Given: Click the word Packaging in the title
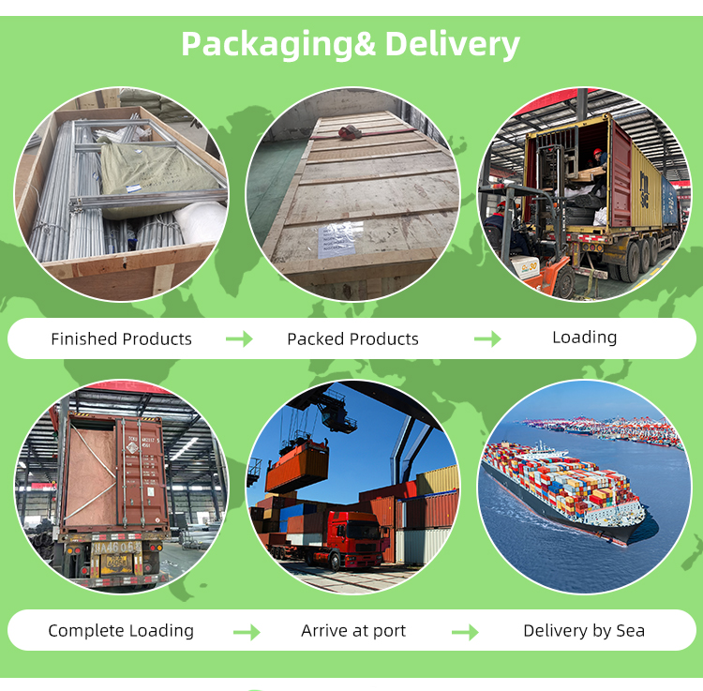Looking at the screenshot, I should click(266, 43).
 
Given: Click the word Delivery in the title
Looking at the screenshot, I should click(452, 43).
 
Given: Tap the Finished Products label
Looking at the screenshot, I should click(121, 339).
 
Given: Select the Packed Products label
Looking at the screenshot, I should click(352, 339).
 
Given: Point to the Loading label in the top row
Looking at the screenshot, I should click(584, 338).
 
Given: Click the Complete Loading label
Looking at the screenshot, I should click(121, 631).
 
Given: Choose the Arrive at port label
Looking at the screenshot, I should click(353, 631).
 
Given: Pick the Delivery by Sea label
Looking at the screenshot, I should click(583, 631).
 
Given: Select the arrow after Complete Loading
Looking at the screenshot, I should click(247, 632).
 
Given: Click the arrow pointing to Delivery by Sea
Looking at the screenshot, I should click(465, 632).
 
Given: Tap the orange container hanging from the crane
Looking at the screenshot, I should click(296, 470).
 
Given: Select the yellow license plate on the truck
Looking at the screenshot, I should click(117, 562).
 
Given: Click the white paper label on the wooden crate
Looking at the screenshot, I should click(336, 239).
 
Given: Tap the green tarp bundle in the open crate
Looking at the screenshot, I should click(150, 173).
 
